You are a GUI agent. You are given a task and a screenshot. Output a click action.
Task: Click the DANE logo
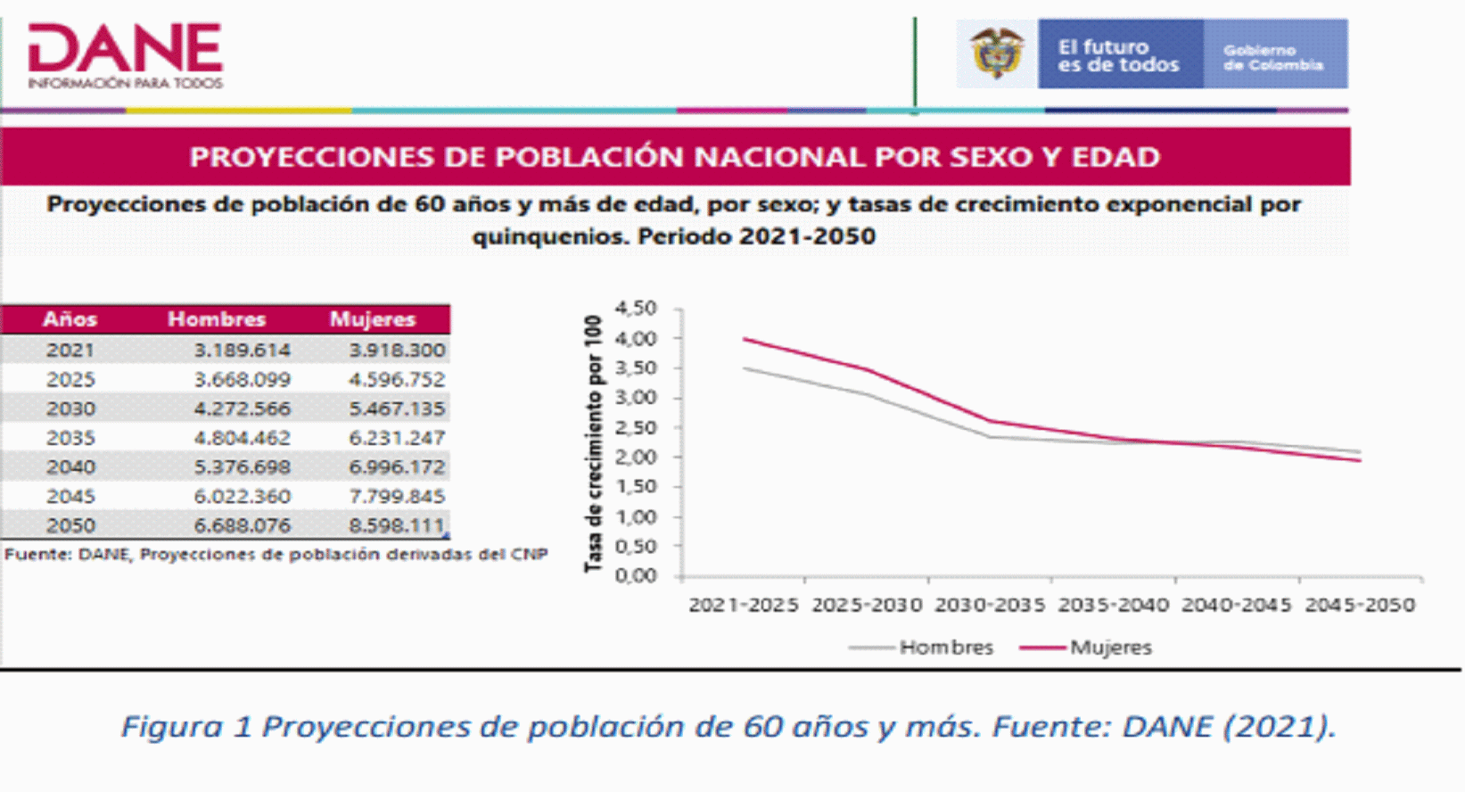126,55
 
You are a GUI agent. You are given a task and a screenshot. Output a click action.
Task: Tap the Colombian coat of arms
997,53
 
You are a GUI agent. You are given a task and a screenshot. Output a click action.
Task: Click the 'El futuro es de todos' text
1118,55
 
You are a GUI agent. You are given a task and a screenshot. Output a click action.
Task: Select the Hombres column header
217,319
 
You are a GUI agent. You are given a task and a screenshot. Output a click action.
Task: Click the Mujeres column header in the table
373,319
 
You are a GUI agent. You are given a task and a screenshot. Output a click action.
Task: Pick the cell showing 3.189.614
242,350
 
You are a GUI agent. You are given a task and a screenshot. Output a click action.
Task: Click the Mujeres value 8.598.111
397,525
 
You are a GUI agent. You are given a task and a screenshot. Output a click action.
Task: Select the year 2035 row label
70,438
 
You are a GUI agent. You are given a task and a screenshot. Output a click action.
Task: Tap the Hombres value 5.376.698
242,467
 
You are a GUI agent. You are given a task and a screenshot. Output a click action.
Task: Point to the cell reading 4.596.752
397,379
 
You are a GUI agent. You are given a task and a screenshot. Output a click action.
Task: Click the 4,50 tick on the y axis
635,308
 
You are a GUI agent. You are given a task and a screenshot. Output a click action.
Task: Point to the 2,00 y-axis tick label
635,458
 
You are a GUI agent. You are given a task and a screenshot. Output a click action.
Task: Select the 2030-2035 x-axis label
990,605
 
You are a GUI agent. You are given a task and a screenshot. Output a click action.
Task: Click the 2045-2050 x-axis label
1361,605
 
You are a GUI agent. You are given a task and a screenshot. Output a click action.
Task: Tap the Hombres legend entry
921,648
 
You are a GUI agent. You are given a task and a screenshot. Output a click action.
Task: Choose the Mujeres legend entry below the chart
1086,648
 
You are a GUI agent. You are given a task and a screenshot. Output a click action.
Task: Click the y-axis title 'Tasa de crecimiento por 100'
593,444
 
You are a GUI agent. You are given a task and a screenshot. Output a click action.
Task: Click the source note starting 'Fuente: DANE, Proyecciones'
276,555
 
